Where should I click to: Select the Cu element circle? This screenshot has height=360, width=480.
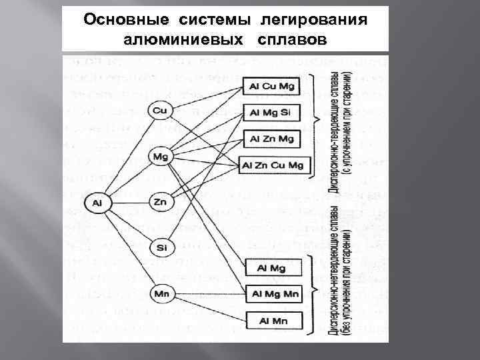point(159,111)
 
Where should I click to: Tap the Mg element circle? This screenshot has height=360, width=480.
point(159,157)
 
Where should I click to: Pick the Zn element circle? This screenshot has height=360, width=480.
point(159,201)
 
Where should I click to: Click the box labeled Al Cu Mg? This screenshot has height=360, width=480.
point(272,87)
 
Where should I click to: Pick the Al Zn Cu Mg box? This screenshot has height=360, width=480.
point(273,165)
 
